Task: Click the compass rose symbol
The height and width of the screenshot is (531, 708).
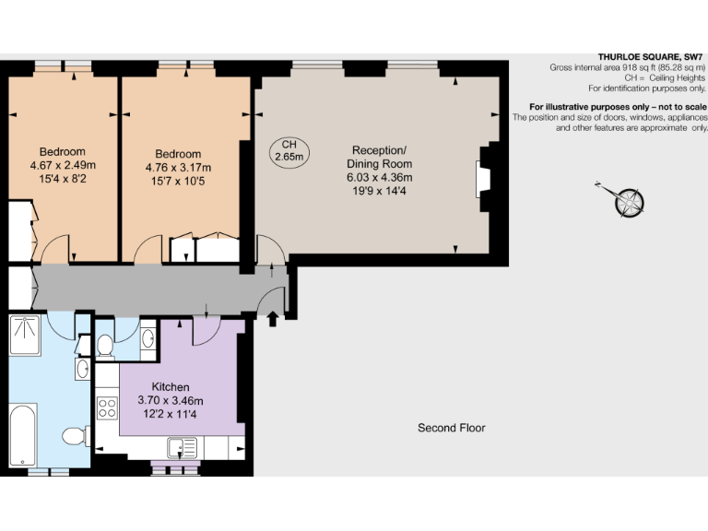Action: coord(630,200)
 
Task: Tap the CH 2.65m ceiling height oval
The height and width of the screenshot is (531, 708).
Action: coord(289,151)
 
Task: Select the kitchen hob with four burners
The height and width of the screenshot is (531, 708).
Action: coord(108,407)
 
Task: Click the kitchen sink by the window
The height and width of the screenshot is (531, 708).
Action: coord(183,448)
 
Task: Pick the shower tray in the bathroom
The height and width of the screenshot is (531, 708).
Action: coord(26,333)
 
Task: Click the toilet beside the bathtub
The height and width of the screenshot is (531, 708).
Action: coord(75,434)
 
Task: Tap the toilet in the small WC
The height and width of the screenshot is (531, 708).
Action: coord(104,345)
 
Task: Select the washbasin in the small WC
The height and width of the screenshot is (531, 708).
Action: coord(147,340)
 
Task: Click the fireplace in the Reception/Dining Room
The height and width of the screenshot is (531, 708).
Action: coord(483,180)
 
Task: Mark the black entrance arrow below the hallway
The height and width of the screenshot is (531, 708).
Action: coord(272,319)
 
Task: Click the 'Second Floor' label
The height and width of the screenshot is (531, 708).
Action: coord(451,428)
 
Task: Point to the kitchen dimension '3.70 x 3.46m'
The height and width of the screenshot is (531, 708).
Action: coord(170,400)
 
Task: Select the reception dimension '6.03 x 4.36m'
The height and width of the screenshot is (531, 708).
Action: coord(379,178)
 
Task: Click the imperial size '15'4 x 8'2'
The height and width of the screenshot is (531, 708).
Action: coord(63,180)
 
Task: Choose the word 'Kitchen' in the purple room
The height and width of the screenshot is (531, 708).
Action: coord(170,387)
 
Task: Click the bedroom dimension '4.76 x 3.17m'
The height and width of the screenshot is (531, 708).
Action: coord(178,168)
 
